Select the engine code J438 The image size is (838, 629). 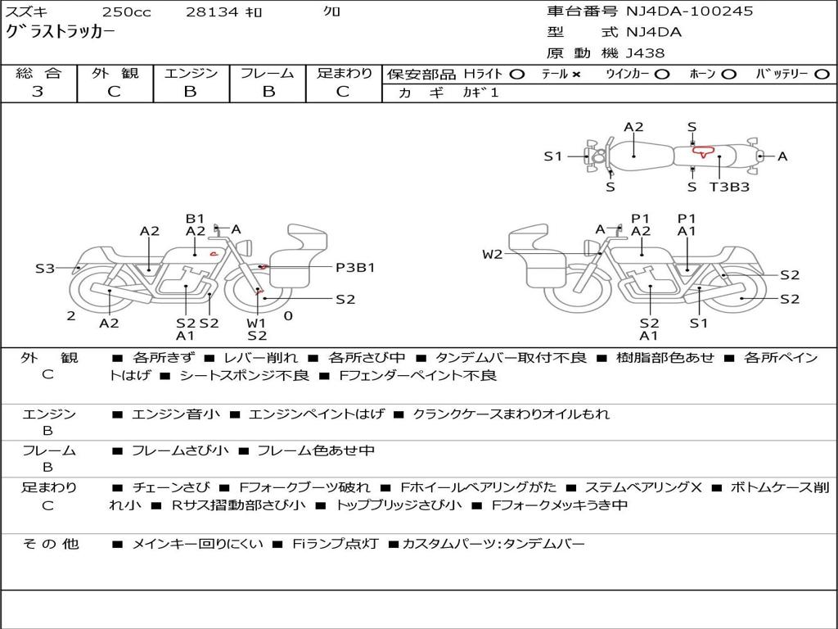point(645,53)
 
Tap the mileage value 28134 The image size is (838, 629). point(212,12)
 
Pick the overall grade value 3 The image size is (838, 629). point(38,92)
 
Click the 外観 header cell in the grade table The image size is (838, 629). point(115,74)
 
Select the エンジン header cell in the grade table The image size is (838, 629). point(191,74)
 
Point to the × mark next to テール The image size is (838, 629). point(576,75)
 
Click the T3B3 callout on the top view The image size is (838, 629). point(729,187)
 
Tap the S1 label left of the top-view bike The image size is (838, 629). point(553,156)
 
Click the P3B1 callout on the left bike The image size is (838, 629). point(355,267)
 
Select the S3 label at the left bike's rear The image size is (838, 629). point(45,268)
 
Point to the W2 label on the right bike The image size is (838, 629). point(492,255)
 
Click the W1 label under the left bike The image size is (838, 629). point(257,322)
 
